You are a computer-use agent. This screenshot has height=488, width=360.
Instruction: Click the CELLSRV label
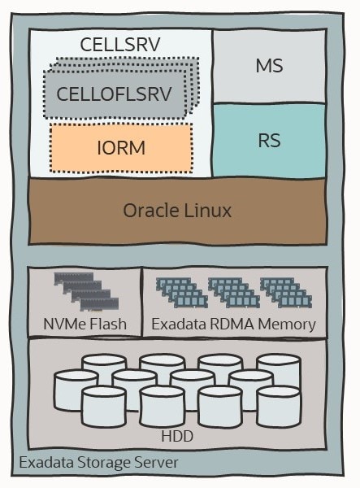point(120,44)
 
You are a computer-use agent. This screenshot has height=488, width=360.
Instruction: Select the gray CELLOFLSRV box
point(114,94)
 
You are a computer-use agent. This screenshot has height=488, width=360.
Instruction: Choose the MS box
point(269,66)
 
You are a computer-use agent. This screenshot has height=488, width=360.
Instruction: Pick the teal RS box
point(269,140)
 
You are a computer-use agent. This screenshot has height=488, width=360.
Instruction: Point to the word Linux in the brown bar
point(206,211)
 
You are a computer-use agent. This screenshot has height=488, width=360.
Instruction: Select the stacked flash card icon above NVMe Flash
point(85,292)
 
